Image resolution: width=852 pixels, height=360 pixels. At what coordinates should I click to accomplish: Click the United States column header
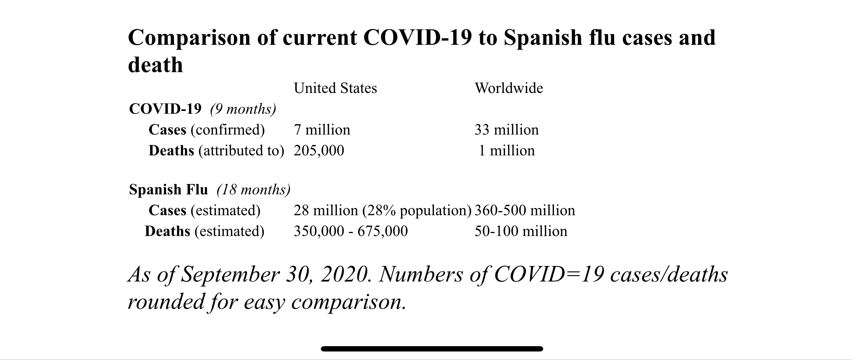[x=335, y=88]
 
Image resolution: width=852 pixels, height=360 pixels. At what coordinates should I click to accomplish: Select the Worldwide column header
[x=509, y=88]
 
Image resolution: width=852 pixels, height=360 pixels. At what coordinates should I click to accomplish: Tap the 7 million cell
[x=322, y=130]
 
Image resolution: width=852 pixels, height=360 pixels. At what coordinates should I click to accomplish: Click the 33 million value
[x=506, y=130]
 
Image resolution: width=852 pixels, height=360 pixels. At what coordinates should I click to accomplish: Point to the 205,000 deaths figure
[x=319, y=150]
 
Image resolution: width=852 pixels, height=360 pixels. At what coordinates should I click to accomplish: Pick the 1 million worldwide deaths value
[x=507, y=150]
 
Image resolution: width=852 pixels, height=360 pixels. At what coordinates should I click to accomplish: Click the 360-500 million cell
[x=525, y=210]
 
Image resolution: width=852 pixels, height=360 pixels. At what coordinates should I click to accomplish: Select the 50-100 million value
[x=521, y=231]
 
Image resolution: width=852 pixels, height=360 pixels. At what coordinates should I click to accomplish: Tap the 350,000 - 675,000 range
[x=351, y=231]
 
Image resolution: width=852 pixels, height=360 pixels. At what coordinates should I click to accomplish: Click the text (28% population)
[x=417, y=210]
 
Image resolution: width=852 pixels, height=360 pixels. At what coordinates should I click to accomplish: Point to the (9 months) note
[x=243, y=109]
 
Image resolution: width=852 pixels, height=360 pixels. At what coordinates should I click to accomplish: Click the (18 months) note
[x=254, y=190]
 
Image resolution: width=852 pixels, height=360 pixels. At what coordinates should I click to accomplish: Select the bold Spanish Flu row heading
[x=168, y=190]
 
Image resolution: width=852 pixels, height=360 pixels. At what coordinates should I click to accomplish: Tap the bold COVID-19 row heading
[x=165, y=109]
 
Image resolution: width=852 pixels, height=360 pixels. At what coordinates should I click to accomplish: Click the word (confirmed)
[x=228, y=130]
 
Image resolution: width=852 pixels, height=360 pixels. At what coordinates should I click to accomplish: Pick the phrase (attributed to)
[x=241, y=150]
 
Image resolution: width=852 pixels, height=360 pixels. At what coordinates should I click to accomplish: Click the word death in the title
[x=155, y=65]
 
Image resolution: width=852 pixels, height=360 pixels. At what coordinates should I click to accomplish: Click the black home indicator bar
[x=432, y=349]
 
